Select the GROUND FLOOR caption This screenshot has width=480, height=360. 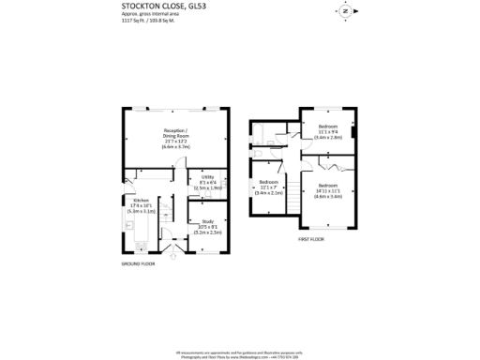tap(138, 264)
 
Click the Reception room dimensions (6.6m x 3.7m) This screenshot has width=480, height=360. tap(175, 147)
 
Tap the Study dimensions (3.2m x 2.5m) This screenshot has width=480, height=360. tap(208, 232)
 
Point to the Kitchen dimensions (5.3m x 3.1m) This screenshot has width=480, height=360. tap(140, 213)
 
